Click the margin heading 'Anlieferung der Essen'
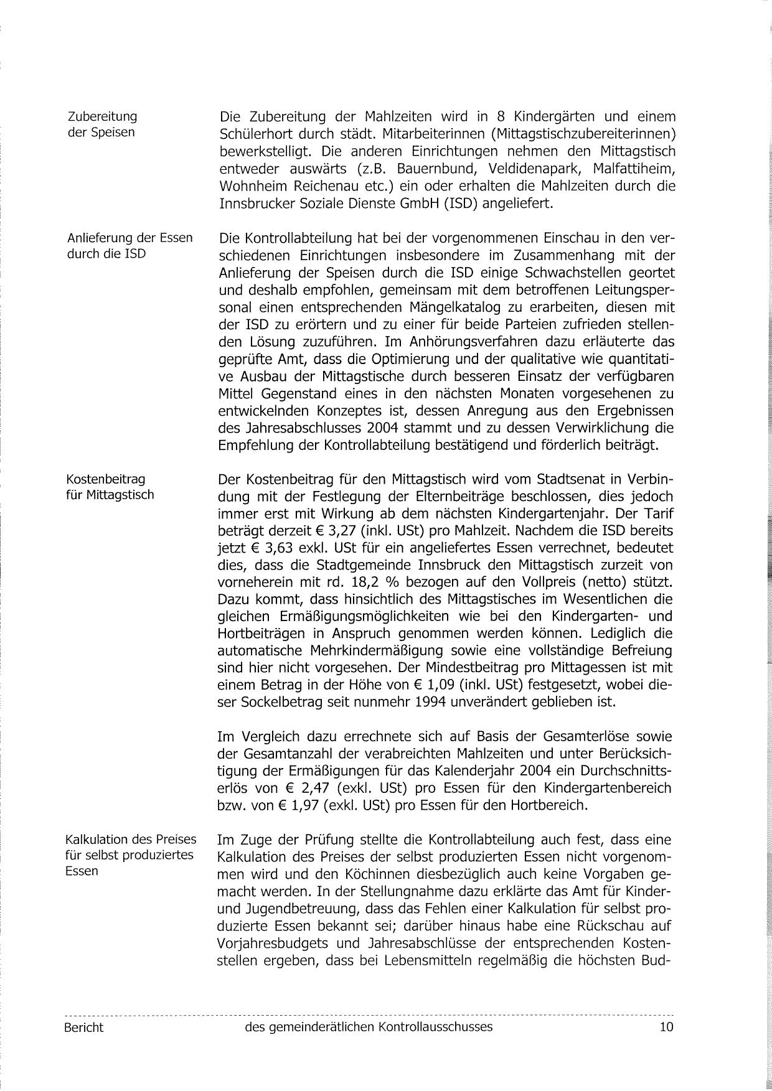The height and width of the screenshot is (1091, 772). [129, 238]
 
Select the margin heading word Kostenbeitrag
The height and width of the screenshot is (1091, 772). [106, 479]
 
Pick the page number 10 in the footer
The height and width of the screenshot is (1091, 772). [666, 1027]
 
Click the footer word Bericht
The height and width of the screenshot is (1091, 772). [83, 1028]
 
